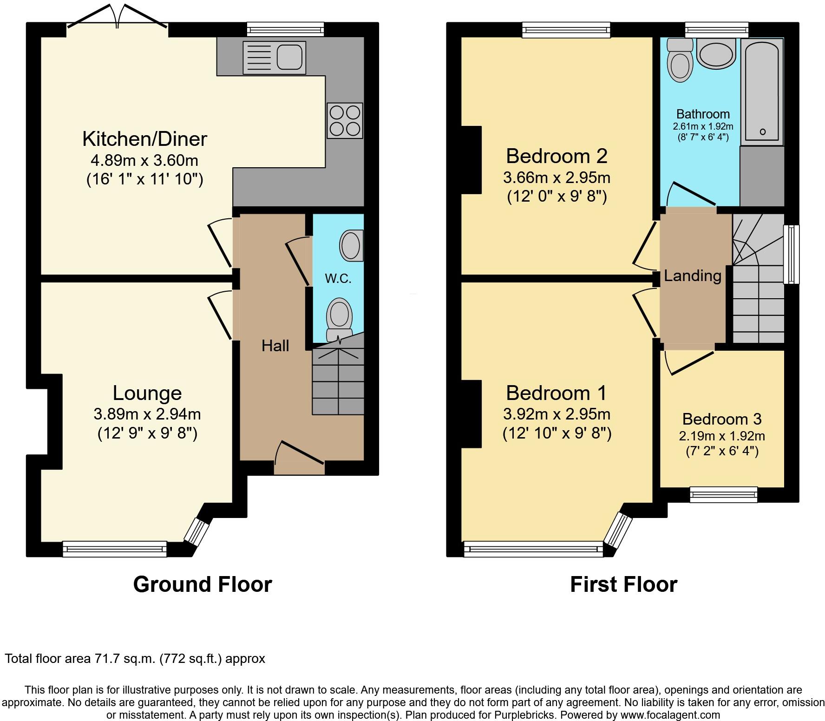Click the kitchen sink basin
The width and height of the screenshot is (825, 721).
[x=291, y=57]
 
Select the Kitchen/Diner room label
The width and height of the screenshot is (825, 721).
[x=144, y=139]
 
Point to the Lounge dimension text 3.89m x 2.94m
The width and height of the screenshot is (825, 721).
[x=147, y=413]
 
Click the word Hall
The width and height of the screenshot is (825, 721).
[x=275, y=346]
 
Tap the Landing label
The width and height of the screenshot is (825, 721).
[x=692, y=276]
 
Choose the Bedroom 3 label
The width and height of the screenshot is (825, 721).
[x=722, y=419]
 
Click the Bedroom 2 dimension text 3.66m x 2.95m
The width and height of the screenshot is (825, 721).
[x=557, y=177]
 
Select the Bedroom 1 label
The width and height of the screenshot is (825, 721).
[x=556, y=393]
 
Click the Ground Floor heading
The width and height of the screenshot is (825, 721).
[x=203, y=584]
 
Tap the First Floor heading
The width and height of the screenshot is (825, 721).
[x=623, y=584]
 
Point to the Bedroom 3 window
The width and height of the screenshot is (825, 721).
[x=723, y=494]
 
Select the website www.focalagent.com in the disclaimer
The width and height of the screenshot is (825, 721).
[x=670, y=715]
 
